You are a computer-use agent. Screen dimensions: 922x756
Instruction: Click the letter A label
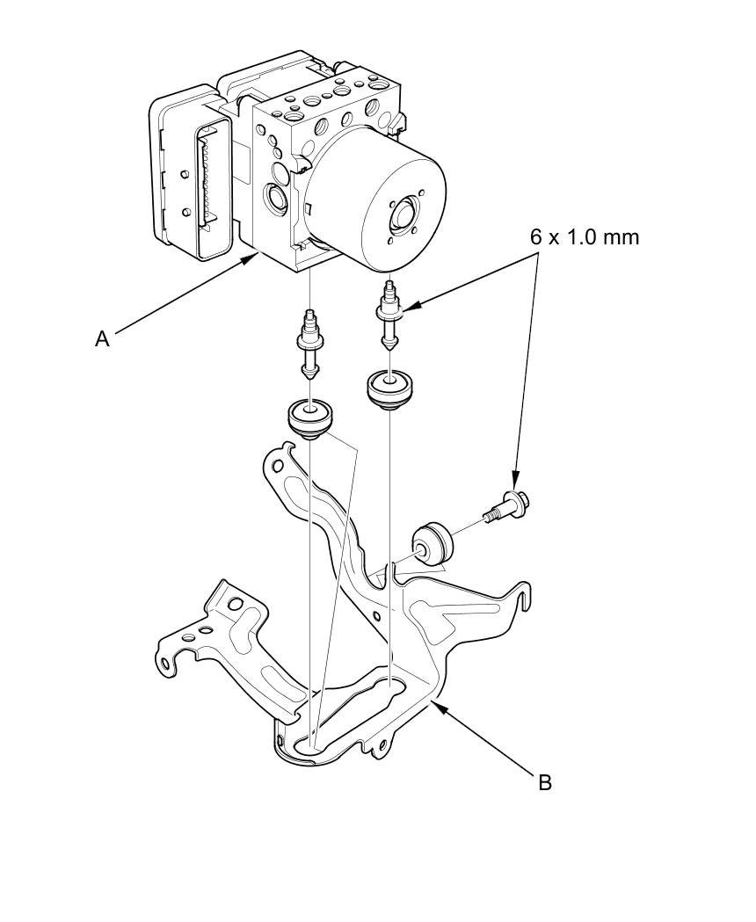click(103, 338)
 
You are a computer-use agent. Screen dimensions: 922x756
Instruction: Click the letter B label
click(544, 781)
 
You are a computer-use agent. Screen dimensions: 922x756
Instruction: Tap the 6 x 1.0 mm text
click(584, 236)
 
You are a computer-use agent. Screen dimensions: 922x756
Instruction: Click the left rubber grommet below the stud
click(310, 417)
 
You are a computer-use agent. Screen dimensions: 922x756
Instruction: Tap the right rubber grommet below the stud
click(389, 388)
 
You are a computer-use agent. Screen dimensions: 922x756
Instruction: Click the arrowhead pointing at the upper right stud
click(409, 308)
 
